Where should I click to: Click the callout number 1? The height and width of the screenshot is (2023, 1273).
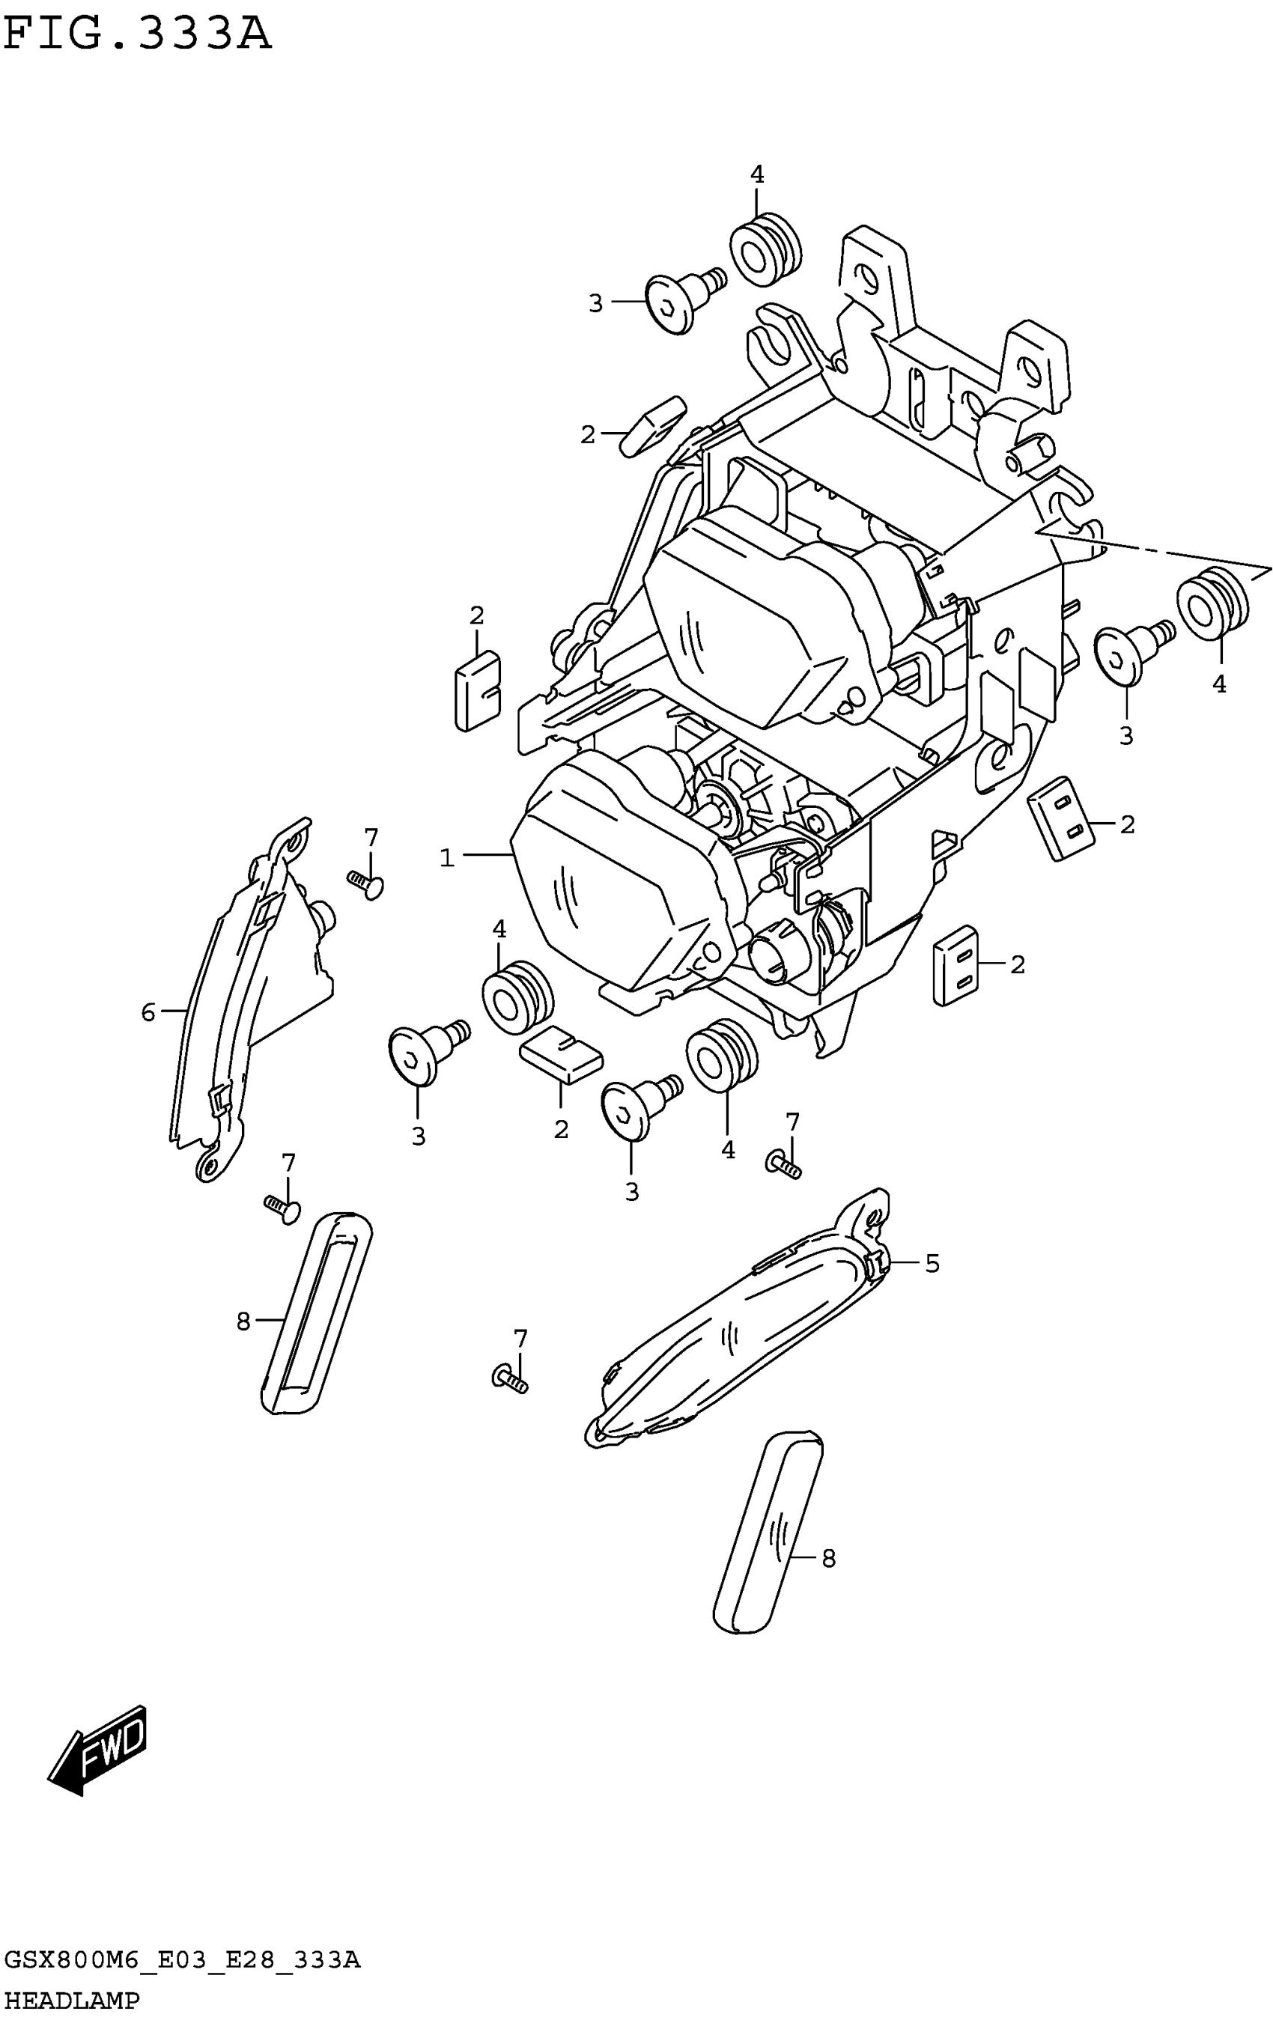447,858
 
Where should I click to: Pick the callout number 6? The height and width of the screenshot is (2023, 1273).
148,1012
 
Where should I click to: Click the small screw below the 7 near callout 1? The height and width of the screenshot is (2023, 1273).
365,883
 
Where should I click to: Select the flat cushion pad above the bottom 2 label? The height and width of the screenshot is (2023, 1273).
562,1053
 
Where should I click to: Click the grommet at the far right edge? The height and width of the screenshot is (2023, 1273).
1212,603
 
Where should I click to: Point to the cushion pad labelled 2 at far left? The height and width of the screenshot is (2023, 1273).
476,689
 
